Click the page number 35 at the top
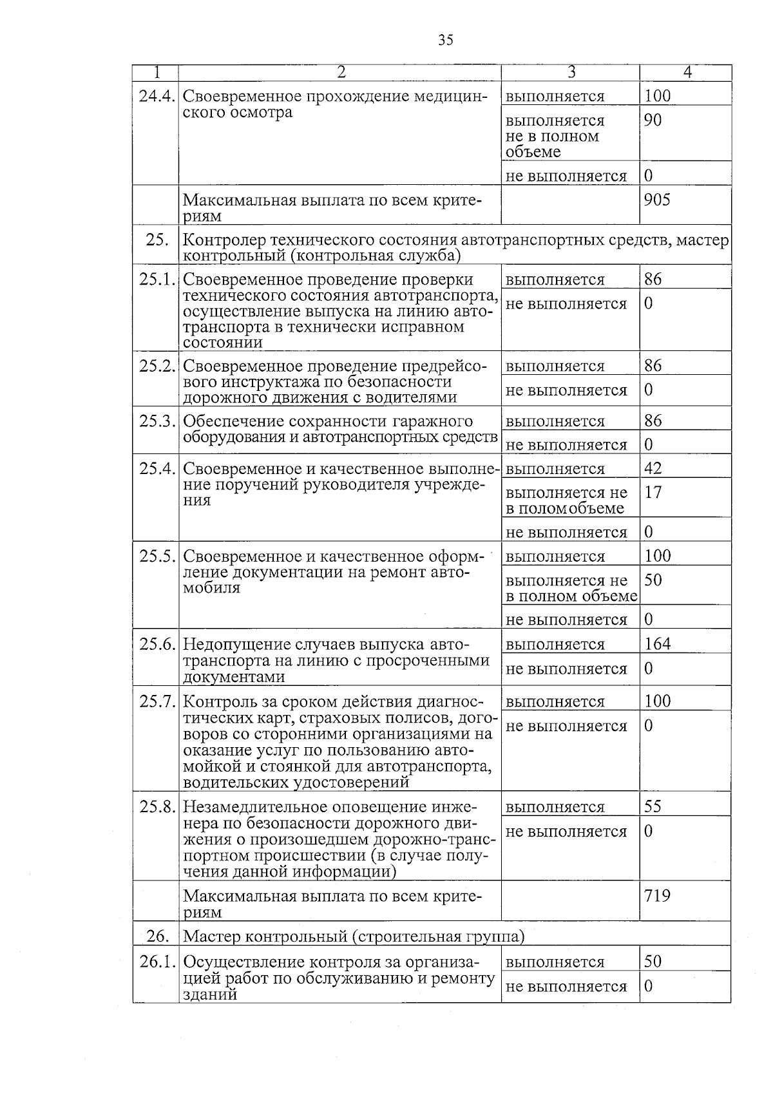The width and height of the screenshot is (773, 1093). [445, 40]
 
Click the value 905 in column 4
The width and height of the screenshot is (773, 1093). [657, 200]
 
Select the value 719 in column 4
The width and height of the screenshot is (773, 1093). [657, 895]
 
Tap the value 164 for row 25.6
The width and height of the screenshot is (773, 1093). [657, 643]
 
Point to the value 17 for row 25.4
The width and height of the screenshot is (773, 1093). [653, 492]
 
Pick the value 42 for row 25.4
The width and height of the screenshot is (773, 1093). [653, 468]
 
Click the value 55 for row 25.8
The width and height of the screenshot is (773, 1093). [653, 806]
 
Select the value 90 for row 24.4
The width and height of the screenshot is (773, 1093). [653, 120]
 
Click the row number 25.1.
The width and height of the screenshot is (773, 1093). [157, 280]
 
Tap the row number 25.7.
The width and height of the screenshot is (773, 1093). [157, 701]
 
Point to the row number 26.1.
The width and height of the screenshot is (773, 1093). [157, 962]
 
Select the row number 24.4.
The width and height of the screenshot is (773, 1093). [157, 97]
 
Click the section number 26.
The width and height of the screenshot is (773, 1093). [157, 936]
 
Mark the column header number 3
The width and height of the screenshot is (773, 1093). [571, 72]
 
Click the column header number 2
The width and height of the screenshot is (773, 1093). [341, 72]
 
